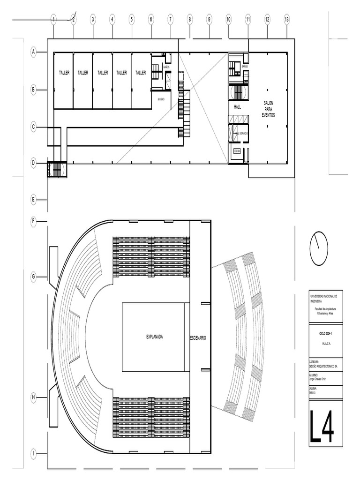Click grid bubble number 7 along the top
[170, 19]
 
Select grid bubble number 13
[286, 19]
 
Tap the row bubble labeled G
[34, 277]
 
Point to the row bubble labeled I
[34, 454]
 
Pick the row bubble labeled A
[34, 52]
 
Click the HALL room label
[237, 107]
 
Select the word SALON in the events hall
[269, 104]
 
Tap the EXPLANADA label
[155, 337]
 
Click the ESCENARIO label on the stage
[198, 337]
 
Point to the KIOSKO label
[161, 99]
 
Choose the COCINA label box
[237, 151]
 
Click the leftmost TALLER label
[64, 73]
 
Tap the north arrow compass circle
[319, 248]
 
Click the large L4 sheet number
[322, 426]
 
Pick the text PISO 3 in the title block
[314, 392]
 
